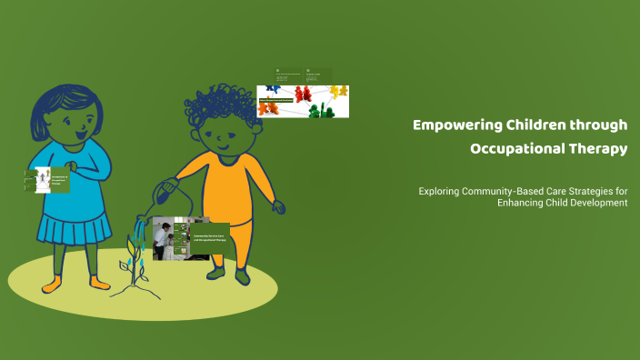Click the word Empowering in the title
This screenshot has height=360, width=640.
click(451, 125)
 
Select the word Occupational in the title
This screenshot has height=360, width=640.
click(514, 149)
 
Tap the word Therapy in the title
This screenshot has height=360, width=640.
click(595, 149)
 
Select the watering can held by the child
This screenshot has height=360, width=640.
click(169, 192)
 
